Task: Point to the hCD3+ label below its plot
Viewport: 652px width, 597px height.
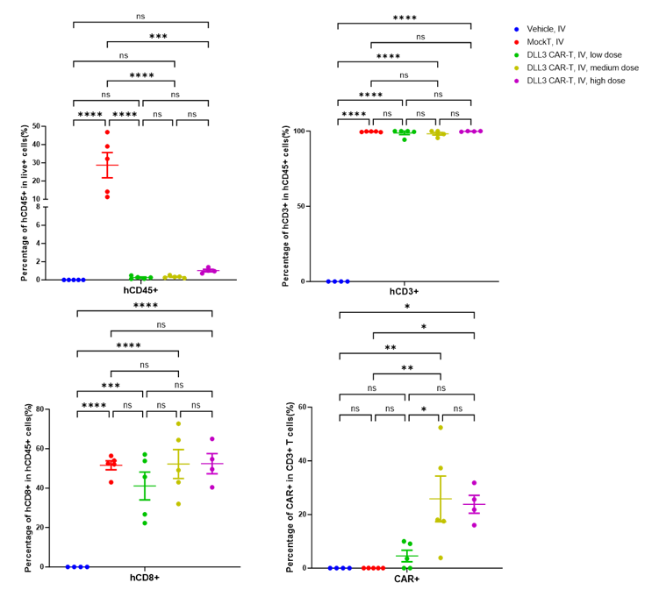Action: (x=405, y=288)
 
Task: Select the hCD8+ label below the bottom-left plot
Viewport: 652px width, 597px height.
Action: (x=143, y=578)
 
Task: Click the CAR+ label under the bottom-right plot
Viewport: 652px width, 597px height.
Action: (x=406, y=578)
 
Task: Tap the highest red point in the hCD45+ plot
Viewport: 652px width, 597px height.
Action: (x=108, y=132)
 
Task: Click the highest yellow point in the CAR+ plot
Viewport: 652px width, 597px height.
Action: (x=441, y=428)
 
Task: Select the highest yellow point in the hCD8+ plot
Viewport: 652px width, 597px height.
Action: (x=178, y=424)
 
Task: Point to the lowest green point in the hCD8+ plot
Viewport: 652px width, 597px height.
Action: (x=145, y=523)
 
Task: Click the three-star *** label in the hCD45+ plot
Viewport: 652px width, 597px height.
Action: (x=158, y=37)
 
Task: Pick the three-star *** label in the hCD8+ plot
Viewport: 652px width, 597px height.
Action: (x=111, y=385)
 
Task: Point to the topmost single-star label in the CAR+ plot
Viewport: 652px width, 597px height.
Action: (x=406, y=308)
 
